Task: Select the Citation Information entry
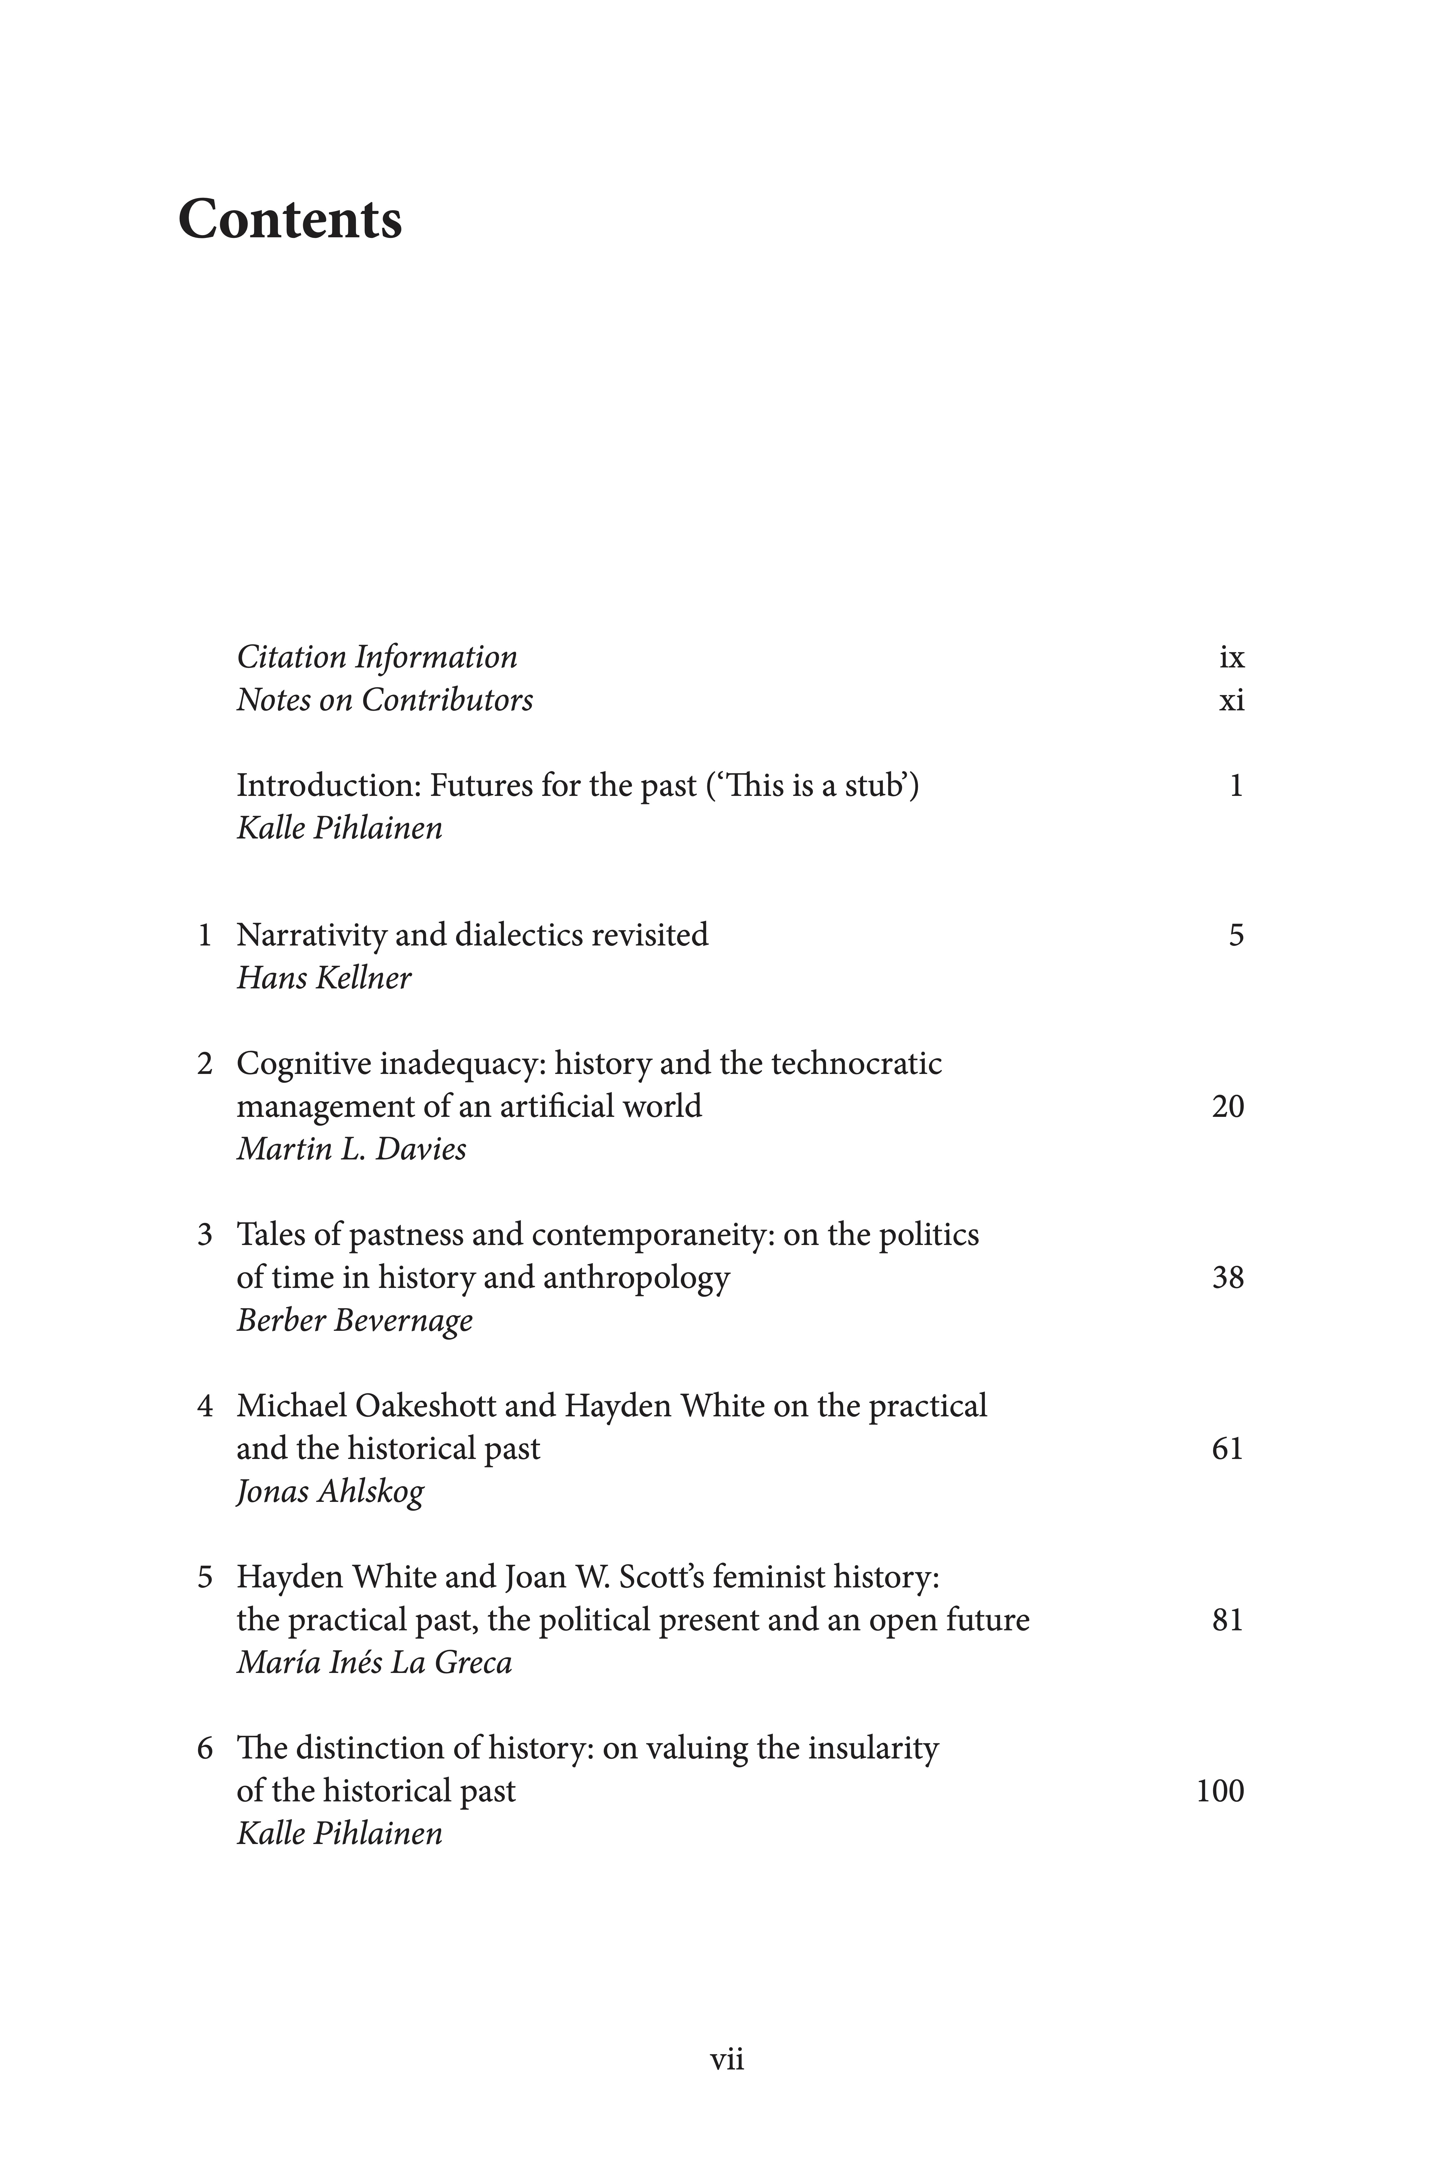click(377, 657)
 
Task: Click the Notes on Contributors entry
click(384, 700)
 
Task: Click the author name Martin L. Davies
click(351, 1149)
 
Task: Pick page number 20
click(1228, 1106)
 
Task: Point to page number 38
click(1228, 1278)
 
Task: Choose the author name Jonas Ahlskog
click(330, 1492)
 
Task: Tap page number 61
click(1228, 1449)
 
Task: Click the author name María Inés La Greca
click(374, 1662)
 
